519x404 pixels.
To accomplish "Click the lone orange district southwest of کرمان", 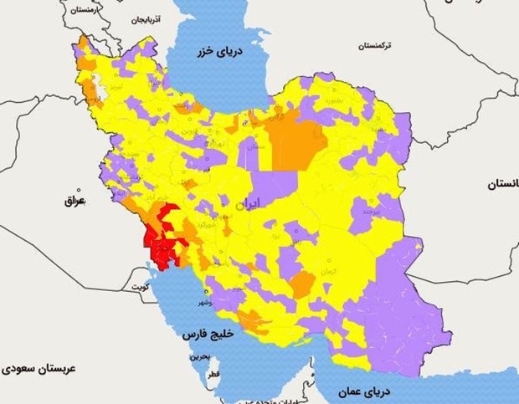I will [302, 284].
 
